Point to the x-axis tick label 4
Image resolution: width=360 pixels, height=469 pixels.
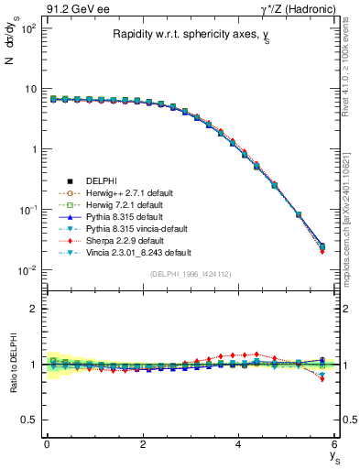pyautogui.click(x=238, y=444)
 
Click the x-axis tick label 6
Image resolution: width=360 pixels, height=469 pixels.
pyautogui.click(x=334, y=444)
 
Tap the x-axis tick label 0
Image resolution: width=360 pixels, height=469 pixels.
pyautogui.click(x=47, y=444)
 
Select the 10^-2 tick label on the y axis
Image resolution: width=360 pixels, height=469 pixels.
pyautogui.click(x=27, y=270)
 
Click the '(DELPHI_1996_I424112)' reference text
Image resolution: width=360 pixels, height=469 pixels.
pyautogui.click(x=190, y=274)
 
